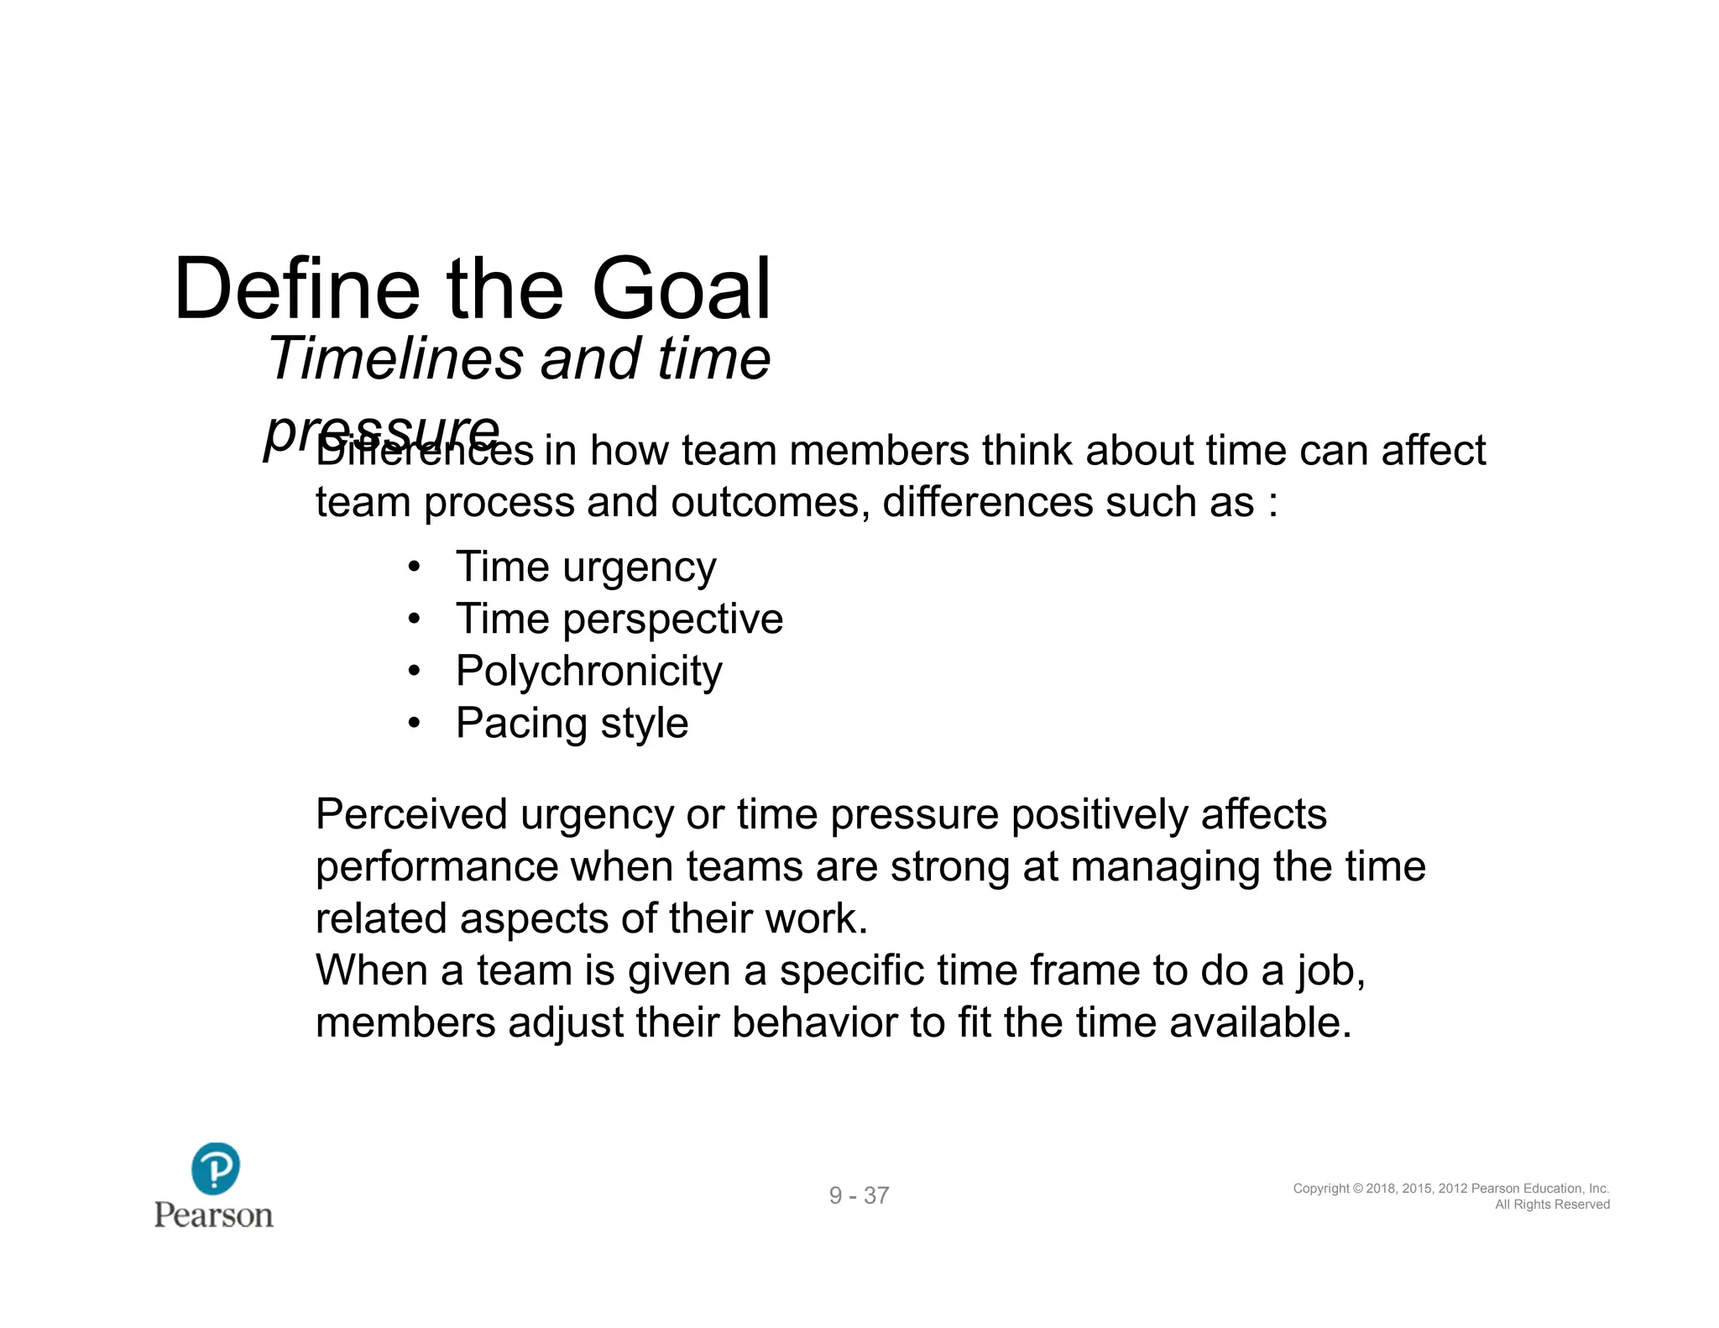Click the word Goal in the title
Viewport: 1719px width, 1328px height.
click(682, 290)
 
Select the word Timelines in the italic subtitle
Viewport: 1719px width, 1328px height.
click(394, 358)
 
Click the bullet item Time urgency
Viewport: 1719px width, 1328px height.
click(586, 567)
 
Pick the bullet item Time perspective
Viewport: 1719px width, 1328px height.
click(619, 620)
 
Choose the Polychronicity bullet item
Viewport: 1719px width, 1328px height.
click(588, 672)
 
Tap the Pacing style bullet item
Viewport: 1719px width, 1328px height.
click(572, 724)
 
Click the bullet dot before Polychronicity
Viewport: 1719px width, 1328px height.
click(414, 672)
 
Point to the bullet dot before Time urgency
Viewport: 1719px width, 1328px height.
click(414, 567)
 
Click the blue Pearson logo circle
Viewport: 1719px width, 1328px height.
click(216, 1168)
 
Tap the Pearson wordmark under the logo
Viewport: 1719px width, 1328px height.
click(214, 1215)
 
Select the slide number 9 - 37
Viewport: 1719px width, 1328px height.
click(859, 1195)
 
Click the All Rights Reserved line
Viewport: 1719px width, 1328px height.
click(1552, 1205)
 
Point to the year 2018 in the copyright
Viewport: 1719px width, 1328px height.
click(1381, 1189)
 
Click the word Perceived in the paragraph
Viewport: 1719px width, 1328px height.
click(411, 814)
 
